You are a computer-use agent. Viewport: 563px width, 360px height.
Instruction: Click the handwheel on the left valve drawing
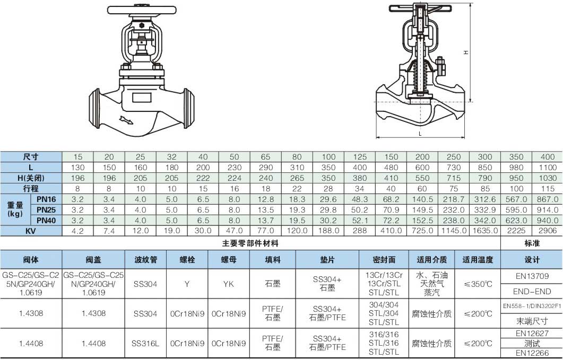pos(142,10)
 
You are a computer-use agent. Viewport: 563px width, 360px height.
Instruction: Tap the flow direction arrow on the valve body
pos(126,120)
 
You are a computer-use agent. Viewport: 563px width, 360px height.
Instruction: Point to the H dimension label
pos(466,52)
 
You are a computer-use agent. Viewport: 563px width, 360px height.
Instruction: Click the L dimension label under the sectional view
pos(420,134)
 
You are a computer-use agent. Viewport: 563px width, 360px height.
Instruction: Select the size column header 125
pos(360,157)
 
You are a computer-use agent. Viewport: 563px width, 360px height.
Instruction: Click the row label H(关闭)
pos(31,178)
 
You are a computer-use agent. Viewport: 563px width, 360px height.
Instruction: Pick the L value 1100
pos(548,168)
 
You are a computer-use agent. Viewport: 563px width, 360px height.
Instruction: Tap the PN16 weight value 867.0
pos(548,199)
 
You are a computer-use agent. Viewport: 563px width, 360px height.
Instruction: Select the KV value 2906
pos(548,231)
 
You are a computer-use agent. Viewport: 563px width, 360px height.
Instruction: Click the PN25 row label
pos(46,209)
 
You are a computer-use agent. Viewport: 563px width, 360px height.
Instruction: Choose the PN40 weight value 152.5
pos(422,221)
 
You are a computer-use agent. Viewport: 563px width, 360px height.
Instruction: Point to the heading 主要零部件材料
pos(250,243)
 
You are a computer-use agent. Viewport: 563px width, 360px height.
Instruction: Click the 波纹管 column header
pos(146,259)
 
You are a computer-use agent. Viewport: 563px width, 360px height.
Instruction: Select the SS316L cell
pos(145,344)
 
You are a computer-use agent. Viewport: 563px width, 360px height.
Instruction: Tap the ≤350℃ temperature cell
pos(478,284)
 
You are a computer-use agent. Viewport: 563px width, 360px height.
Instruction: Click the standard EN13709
pos(532,276)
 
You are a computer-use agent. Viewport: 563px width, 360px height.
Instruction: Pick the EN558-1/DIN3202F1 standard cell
pos(532,306)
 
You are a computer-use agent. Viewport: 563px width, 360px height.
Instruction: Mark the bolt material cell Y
pos(187,284)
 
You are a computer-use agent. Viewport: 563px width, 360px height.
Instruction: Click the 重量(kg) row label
pos(15,209)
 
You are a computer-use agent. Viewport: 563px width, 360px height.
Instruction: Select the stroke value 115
pos(548,189)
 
